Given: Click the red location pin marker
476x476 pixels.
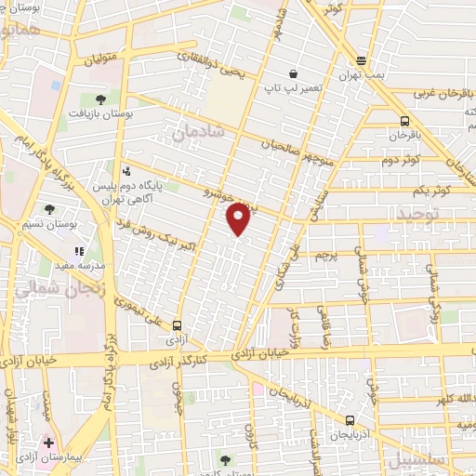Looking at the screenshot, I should click(239, 218).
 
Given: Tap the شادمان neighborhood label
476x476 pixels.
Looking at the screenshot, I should click(198, 136).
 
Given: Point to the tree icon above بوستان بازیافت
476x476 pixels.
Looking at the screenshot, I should click(100, 98).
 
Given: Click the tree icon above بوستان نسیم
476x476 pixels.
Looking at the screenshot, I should click(50, 209).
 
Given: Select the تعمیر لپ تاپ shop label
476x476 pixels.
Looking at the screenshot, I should click(293, 88).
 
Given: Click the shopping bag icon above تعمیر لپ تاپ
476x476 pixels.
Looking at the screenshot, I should click(293, 73).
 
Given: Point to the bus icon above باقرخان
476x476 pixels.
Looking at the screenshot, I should click(404, 120).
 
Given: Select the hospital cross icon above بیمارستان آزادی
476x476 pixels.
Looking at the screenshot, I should click(48, 443).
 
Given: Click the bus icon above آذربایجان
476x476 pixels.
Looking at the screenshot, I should click(350, 419).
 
